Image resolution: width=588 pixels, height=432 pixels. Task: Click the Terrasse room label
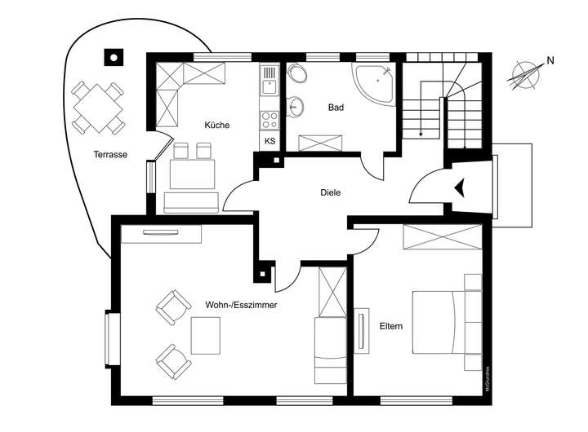109,154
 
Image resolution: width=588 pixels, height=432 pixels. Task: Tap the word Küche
217,126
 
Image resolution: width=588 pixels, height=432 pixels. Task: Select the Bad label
335,108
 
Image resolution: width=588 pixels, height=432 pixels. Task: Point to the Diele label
330,193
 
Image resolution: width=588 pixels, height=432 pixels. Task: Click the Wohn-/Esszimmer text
241,304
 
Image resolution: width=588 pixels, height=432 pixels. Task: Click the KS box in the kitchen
270,141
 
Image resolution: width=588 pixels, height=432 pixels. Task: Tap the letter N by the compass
550,60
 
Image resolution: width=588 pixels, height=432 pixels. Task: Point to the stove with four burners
269,117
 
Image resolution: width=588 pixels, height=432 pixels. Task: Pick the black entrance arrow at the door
462,188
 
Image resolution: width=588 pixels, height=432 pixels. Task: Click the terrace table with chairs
97,108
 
